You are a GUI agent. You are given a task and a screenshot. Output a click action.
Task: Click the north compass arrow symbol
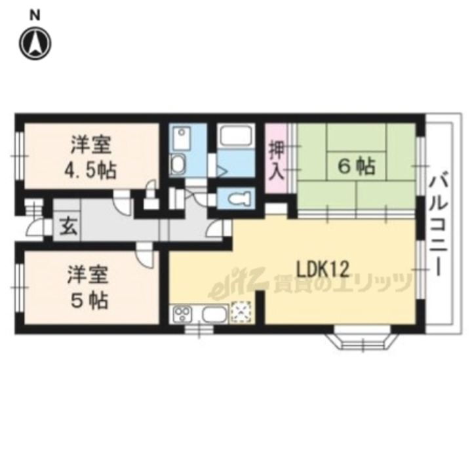pos(35,44)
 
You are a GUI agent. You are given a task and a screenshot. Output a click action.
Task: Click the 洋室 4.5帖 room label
pos(91,158)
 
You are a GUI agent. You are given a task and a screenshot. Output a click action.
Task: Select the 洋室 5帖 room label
pos(88,288)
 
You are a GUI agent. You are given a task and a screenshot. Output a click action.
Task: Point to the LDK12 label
pos(323,269)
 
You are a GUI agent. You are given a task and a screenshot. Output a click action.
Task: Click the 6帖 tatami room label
pos(357,167)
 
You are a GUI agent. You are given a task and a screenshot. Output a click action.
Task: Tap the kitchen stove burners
pos(182,313)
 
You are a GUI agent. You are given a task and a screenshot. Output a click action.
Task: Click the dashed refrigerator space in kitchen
pos(241,313)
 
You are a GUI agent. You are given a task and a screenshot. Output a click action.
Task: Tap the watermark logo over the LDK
pos(310,283)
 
